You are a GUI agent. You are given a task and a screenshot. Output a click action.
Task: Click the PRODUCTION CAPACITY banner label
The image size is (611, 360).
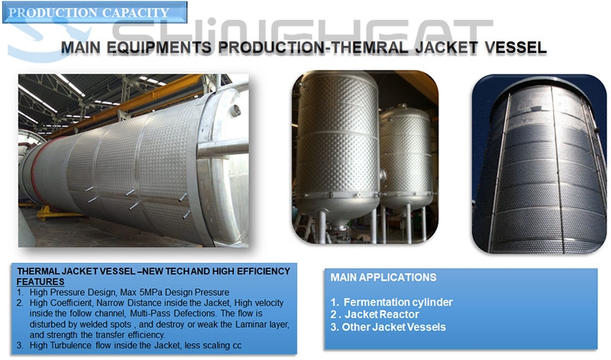(x=89, y=12)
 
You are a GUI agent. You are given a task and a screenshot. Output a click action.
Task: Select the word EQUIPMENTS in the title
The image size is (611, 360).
(x=159, y=47)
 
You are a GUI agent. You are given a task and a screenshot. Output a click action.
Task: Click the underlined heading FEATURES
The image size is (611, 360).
(x=40, y=281)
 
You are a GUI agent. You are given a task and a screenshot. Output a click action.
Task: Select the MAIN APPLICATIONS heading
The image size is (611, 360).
(x=383, y=277)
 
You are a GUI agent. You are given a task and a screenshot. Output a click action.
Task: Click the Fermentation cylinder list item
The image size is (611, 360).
(x=392, y=302)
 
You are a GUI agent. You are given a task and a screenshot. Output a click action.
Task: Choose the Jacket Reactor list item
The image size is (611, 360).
(x=375, y=314)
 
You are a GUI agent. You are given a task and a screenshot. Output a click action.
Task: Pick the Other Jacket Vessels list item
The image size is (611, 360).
(x=388, y=327)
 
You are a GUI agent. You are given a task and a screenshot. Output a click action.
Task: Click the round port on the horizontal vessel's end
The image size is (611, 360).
(x=235, y=111)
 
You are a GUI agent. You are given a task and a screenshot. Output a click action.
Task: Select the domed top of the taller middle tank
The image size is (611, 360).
(x=336, y=81)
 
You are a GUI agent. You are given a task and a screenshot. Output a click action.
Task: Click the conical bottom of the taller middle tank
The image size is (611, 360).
(x=338, y=210)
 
